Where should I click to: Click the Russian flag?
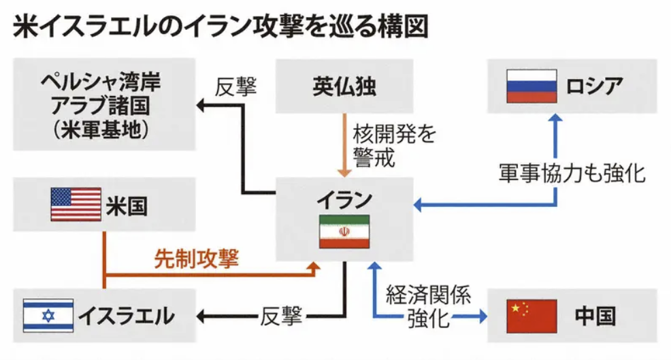pos(531,86)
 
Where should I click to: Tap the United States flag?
pos(76,204)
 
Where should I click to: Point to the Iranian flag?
pos(344,231)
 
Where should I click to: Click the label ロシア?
pos(593,86)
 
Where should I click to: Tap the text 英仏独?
pos(344,86)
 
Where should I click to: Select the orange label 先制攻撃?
pos(197,257)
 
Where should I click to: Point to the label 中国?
pos(594,316)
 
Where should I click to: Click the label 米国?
pos(127,204)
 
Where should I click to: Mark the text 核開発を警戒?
pos(384,146)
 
